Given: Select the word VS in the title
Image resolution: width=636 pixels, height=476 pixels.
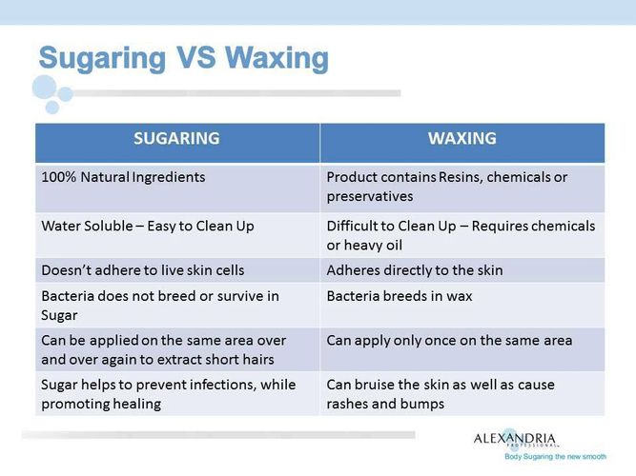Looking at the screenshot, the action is point(195,57).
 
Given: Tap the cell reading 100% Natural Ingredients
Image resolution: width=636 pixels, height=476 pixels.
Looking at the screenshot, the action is point(177,188).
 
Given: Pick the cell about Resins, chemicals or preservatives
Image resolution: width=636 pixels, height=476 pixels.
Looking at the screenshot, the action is point(462,188).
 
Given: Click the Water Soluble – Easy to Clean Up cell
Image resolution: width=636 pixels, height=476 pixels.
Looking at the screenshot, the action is point(177,235).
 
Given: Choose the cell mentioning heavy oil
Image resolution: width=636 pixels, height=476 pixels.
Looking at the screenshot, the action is point(462,235).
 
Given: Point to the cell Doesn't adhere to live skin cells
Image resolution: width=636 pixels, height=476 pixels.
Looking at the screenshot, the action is point(177,270).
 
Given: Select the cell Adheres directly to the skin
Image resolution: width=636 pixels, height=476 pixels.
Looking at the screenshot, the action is point(462,270).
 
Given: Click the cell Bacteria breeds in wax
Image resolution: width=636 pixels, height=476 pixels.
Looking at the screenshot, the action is point(462,305).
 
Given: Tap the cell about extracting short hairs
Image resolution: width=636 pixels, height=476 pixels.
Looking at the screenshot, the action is point(177,349).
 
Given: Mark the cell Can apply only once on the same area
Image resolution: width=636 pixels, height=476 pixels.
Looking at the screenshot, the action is point(462,349).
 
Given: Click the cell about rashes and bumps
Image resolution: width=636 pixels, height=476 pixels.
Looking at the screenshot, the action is point(462,394).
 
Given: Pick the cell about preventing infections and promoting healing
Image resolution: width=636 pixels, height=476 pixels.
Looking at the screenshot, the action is point(177,394).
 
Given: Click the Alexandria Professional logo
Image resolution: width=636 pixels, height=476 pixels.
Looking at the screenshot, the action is point(515,438).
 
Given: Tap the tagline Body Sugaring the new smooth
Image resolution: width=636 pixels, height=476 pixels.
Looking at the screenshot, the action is point(555,457).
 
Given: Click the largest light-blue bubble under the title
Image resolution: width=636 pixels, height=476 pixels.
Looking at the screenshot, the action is point(44,87).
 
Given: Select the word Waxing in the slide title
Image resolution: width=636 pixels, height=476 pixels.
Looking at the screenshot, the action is point(277,57).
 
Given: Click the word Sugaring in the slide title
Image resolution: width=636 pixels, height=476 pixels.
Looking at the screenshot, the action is point(103,59).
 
